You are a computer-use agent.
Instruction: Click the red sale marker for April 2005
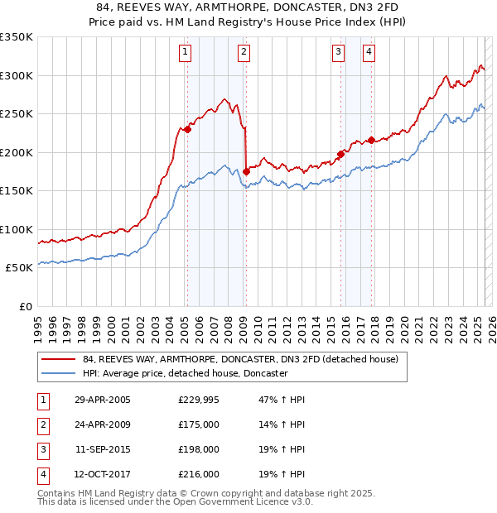(188, 129)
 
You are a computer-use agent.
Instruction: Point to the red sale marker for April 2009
(246, 171)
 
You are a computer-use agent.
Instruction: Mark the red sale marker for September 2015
(340, 154)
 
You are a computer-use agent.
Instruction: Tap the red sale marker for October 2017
(371, 140)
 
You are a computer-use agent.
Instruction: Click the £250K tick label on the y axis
(17, 114)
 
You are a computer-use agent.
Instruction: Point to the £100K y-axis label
(17, 229)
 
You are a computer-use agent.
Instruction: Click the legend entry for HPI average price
(185, 373)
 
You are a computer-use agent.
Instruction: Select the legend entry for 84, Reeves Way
(240, 359)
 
